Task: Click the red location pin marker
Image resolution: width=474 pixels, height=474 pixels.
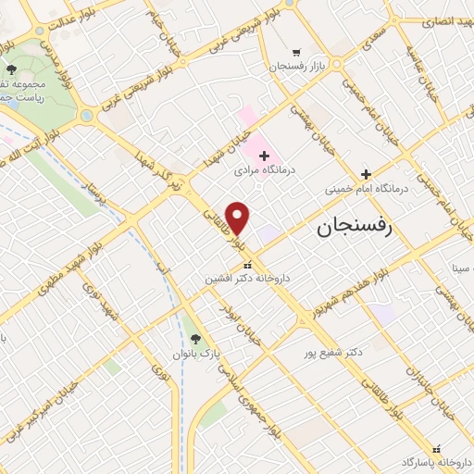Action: (238, 218)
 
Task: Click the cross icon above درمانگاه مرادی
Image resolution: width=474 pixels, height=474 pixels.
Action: (264, 156)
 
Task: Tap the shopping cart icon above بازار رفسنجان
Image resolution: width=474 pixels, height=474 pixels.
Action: (295, 52)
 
